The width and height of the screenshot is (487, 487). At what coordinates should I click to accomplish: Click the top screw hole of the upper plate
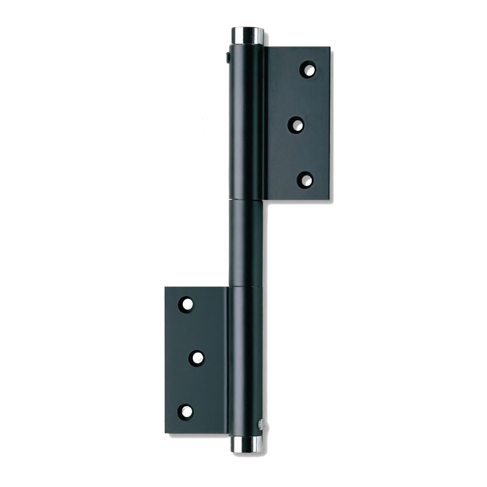tap(307, 70)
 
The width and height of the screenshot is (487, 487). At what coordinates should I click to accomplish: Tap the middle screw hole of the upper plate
tap(296, 125)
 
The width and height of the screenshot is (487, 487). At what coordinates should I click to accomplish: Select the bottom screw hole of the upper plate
tap(305, 180)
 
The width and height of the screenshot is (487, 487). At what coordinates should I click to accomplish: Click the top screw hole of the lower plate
tap(186, 304)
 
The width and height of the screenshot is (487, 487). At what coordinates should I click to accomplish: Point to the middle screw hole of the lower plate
tap(196, 358)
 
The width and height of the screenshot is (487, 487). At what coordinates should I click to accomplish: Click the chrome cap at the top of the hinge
tap(247, 36)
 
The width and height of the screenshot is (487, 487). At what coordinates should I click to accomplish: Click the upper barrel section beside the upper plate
tap(246, 122)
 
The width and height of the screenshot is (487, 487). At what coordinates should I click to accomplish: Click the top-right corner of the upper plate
tap(329, 47)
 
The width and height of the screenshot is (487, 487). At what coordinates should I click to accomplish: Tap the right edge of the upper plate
tap(329, 122)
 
